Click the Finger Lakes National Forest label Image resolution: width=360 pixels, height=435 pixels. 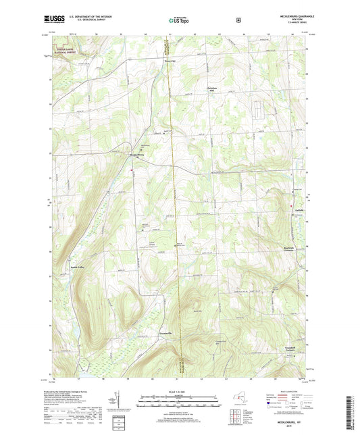[x=67, y=48]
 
